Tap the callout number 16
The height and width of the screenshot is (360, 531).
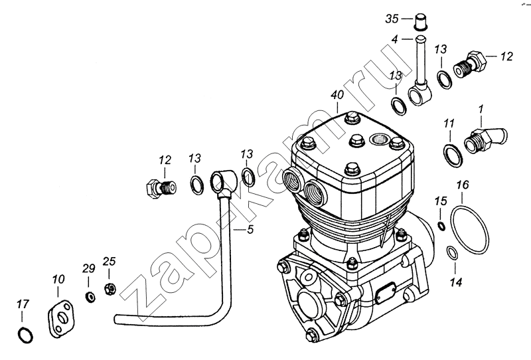pyautogui.click(x=462, y=184)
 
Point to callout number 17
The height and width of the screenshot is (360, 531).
pyautogui.click(x=23, y=305)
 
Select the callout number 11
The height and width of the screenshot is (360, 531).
pyautogui.click(x=449, y=124)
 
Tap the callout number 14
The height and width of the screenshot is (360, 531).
pyautogui.click(x=454, y=282)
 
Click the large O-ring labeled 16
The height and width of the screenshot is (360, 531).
pyautogui.click(x=470, y=228)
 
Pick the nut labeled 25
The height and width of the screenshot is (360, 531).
pyautogui.click(x=111, y=288)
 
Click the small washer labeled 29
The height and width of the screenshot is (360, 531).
pyautogui.click(x=89, y=295)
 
